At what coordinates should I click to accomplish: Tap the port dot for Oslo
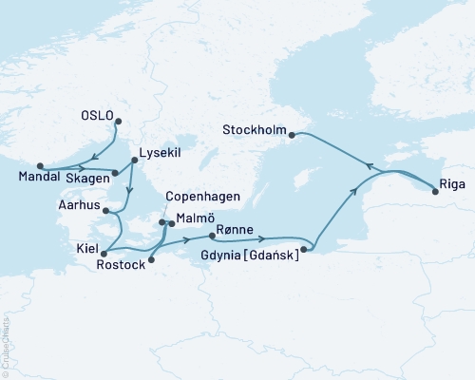click(x=118, y=120)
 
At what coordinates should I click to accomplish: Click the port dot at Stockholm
click(x=293, y=135)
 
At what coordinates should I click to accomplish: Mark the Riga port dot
click(x=435, y=193)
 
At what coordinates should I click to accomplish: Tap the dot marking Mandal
click(x=39, y=165)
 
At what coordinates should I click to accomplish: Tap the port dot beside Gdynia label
click(x=303, y=250)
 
